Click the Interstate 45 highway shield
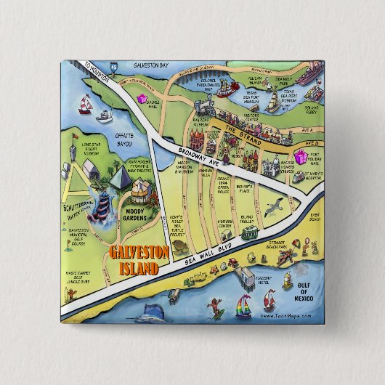tap(113, 65)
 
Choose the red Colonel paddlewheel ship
tap(223, 89)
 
